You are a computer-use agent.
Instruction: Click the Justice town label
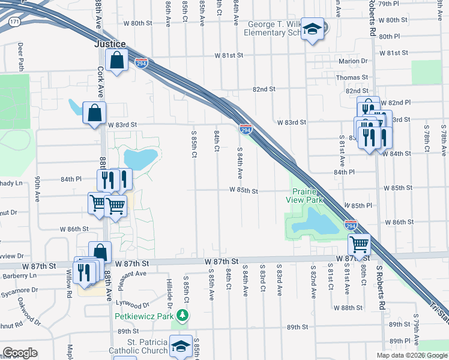110,44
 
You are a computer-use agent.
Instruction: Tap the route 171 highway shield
14,22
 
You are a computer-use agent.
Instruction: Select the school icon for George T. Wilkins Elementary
312,29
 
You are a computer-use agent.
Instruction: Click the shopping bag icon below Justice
116,60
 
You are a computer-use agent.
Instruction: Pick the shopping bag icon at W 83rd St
94,112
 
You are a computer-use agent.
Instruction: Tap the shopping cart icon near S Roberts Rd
359,244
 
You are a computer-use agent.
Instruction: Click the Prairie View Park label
304,196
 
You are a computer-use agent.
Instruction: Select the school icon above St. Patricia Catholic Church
181,346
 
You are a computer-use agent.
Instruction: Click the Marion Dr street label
353,61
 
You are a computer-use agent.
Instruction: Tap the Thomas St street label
352,77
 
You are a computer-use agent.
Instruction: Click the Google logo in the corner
20,353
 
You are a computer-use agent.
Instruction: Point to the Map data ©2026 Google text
412,355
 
